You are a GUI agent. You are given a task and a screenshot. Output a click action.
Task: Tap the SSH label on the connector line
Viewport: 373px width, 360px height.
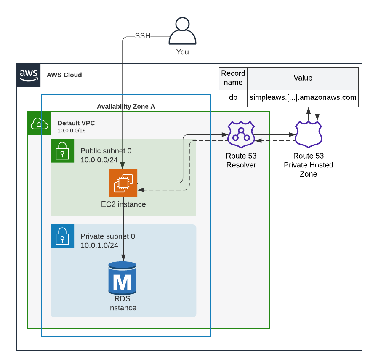click(x=142, y=36)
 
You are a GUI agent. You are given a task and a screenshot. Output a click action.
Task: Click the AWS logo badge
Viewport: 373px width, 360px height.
click(x=29, y=75)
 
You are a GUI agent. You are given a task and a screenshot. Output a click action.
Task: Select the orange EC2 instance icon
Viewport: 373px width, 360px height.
click(x=123, y=183)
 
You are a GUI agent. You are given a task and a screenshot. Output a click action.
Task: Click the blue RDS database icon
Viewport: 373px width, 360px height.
click(x=123, y=278)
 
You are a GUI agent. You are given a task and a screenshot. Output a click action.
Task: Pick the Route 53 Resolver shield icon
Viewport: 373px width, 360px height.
click(x=241, y=134)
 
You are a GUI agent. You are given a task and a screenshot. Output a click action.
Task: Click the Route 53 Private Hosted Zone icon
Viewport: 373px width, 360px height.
click(x=308, y=134)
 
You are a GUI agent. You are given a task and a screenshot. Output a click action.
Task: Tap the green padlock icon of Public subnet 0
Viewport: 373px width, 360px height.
click(x=62, y=150)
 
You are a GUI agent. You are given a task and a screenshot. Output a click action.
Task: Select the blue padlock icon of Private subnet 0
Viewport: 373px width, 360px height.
click(x=62, y=236)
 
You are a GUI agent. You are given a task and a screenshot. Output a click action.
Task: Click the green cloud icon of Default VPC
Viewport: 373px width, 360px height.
click(x=39, y=124)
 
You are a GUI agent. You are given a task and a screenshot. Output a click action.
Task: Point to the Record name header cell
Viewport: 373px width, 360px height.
click(x=233, y=78)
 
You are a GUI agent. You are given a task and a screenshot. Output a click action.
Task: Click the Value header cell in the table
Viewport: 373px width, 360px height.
click(x=303, y=78)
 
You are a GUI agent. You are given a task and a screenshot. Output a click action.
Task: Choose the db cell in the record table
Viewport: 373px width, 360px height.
click(x=233, y=98)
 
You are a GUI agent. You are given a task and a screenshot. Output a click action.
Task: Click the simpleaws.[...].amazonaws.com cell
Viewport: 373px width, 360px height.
click(x=303, y=98)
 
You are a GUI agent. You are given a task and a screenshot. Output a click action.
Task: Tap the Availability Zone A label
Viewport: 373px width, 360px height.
click(x=126, y=107)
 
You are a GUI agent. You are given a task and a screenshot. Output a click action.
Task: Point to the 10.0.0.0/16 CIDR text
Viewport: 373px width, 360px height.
click(x=72, y=131)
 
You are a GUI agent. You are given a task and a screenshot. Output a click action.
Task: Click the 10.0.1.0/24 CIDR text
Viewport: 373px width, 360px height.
click(x=99, y=245)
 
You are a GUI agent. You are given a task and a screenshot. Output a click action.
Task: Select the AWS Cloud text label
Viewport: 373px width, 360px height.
click(x=64, y=75)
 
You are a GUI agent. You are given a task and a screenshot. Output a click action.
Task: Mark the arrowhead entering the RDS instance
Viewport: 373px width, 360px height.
click(x=123, y=258)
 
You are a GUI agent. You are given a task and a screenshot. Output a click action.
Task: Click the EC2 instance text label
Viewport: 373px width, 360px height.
click(x=123, y=204)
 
